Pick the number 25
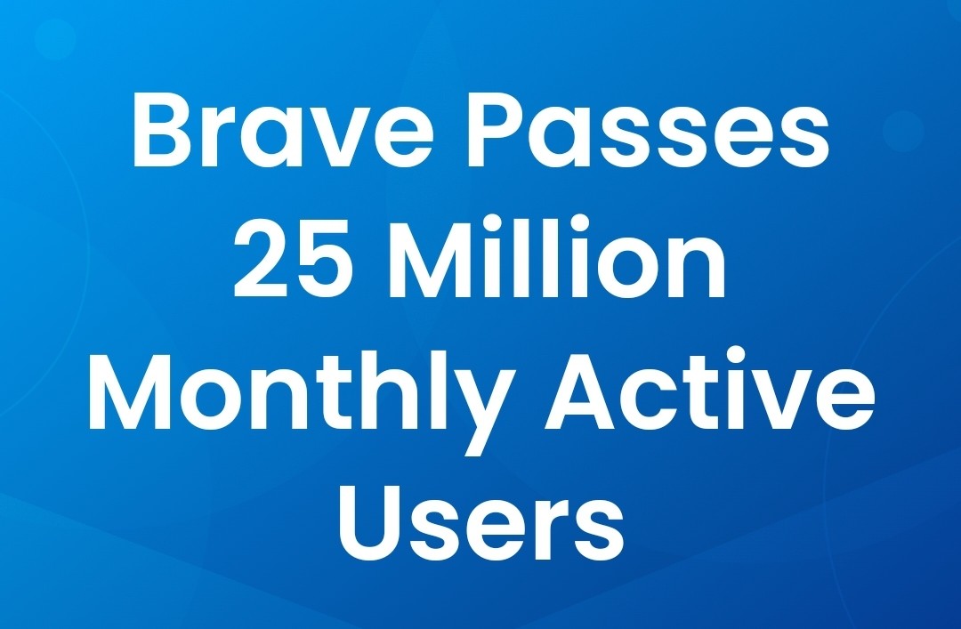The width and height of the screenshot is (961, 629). click(x=295, y=259)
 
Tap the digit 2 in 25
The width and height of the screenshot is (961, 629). click(x=262, y=258)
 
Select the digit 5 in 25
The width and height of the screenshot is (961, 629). click(x=326, y=261)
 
